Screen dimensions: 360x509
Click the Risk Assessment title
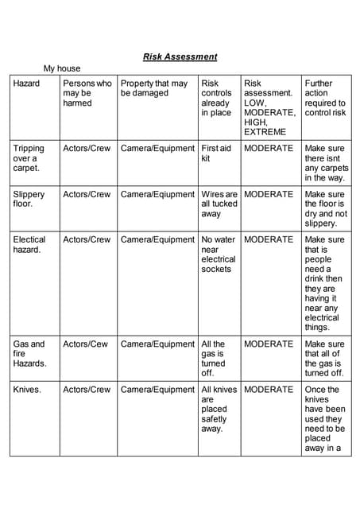pos(180,57)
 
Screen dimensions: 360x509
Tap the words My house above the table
pos(62,68)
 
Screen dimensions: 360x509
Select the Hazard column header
pos(28,84)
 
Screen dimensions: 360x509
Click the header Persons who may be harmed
pos(87,93)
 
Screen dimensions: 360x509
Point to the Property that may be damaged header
pos(154,88)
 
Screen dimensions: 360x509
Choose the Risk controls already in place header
pos(216,98)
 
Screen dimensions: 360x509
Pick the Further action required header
pos(325,98)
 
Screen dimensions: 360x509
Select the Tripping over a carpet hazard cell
pos(29,158)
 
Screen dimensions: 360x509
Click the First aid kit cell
pos(216,153)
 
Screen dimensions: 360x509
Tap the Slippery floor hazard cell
pos(29,199)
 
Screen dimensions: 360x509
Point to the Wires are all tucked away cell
pos(219,204)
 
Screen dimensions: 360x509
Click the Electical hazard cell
pos(29,244)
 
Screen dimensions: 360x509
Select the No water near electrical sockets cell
pos(219,254)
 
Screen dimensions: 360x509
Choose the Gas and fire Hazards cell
pos(30,353)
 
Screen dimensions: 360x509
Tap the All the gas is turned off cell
pos(214,358)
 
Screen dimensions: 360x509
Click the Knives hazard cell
pos(27,390)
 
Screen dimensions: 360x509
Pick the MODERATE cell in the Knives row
pos(269,390)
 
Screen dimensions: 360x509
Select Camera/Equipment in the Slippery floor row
pos(157,194)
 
